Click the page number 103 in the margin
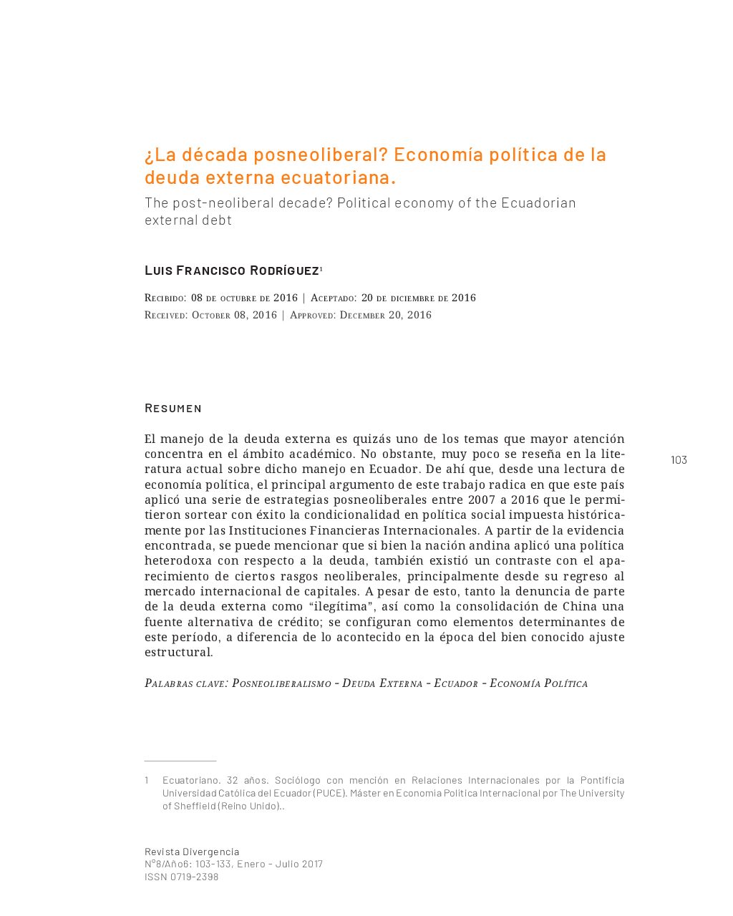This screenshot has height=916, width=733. (x=679, y=460)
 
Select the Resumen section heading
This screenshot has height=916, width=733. (x=173, y=408)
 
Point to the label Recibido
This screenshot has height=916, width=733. (x=165, y=298)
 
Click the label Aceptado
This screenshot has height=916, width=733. (x=333, y=298)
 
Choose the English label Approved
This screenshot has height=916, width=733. (x=312, y=315)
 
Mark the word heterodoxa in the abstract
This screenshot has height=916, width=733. (x=178, y=561)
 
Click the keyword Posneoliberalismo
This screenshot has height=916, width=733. (x=281, y=683)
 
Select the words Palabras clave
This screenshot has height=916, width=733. (x=185, y=683)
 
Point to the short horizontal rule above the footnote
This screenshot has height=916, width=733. (x=180, y=761)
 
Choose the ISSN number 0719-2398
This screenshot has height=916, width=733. (x=194, y=877)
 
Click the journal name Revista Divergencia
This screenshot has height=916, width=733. (x=192, y=852)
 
